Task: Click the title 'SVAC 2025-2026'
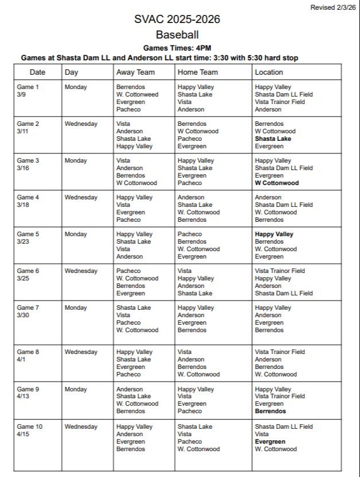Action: pos(177,20)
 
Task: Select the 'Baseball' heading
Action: pos(177,35)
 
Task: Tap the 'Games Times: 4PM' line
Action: pos(177,48)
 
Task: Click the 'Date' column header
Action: pos(37,72)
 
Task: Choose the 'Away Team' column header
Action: pos(136,72)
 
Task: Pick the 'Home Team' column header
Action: pos(198,72)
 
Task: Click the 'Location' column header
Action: pos(269,72)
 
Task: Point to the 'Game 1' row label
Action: pos(28,87)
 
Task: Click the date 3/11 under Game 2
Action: pos(23,131)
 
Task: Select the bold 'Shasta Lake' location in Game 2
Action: pos(273,139)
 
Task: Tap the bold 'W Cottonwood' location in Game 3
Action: pos(277,183)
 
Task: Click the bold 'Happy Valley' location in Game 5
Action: pos(274,234)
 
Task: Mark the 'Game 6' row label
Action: pos(28,271)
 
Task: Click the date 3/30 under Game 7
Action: pos(23,315)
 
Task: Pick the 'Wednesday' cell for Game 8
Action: pos(81,352)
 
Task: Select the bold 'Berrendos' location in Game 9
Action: pos(270,411)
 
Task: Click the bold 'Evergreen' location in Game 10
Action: pos(270,441)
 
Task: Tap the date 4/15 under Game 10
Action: pos(23,434)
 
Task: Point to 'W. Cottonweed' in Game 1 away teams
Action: pos(137,94)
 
